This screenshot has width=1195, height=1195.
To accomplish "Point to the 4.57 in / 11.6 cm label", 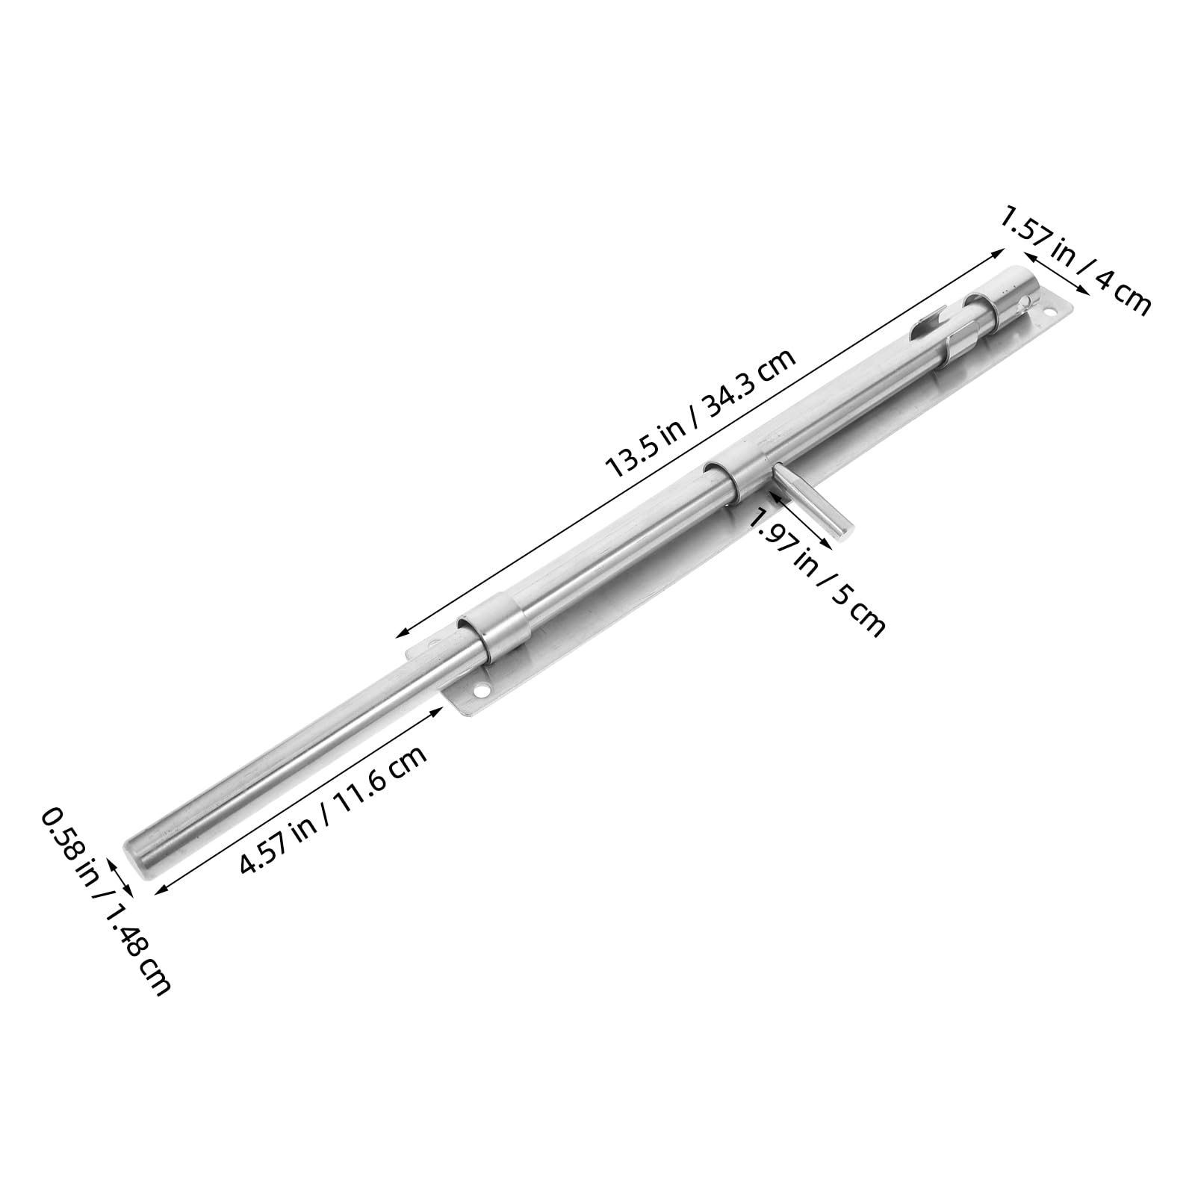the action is coord(333,816).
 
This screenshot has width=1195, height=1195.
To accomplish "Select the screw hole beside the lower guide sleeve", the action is coord(482,692).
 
